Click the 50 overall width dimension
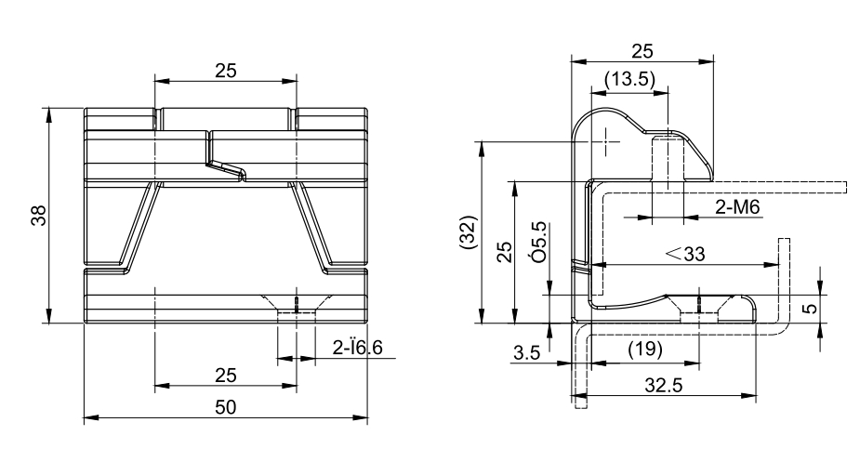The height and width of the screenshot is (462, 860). click(x=225, y=408)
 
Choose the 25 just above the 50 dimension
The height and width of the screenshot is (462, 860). click(x=225, y=375)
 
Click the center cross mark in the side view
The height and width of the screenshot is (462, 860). click(x=605, y=142)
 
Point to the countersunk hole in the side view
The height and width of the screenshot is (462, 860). click(x=699, y=304)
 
